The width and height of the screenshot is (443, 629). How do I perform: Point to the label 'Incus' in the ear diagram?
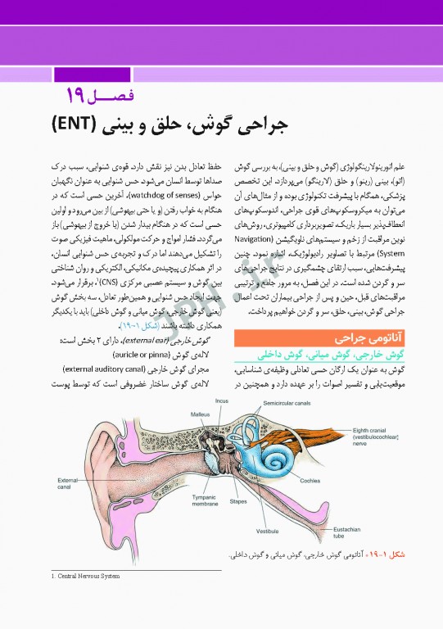point(222,400)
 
